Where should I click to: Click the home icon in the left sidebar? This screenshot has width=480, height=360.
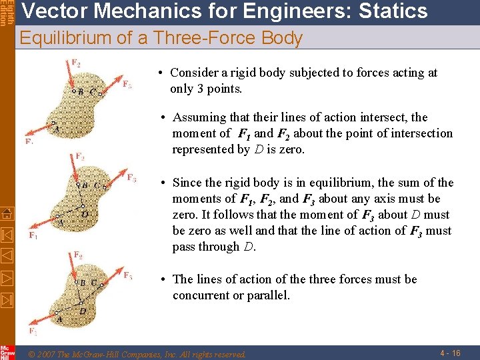point(7,214)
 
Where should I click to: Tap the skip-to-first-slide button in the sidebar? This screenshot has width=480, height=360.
point(7,235)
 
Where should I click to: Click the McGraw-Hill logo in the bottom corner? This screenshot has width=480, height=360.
point(7,352)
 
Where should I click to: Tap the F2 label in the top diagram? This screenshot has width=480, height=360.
point(76,63)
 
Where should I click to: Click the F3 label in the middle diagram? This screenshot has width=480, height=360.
point(131,178)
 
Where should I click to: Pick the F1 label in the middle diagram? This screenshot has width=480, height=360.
point(33,235)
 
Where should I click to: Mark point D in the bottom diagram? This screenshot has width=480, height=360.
point(83,311)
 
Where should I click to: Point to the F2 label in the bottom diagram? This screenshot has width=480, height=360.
point(78,255)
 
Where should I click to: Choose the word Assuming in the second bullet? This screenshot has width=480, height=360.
point(199,117)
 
